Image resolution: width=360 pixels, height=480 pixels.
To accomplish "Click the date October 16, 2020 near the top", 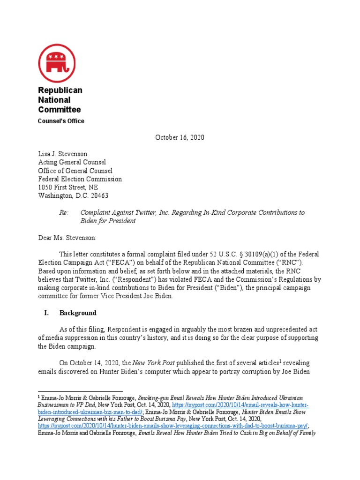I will click(x=180, y=137).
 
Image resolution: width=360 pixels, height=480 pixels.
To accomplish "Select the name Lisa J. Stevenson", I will click(x=62, y=154).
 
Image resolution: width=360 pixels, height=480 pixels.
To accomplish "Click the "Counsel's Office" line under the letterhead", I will click(x=61, y=121).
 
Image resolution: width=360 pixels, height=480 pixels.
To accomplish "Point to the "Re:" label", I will click(x=63, y=212).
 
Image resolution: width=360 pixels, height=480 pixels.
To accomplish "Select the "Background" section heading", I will click(x=78, y=313).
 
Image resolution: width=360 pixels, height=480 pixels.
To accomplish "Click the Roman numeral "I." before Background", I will click(x=41, y=313).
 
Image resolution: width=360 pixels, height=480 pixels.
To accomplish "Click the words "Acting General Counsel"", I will click(x=72, y=162).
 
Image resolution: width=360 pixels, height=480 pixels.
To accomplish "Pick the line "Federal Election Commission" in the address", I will click(x=80, y=179).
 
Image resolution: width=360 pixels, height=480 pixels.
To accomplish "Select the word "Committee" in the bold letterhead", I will click(x=59, y=110).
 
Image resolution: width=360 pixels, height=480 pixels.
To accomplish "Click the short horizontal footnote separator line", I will click(x=80, y=391).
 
